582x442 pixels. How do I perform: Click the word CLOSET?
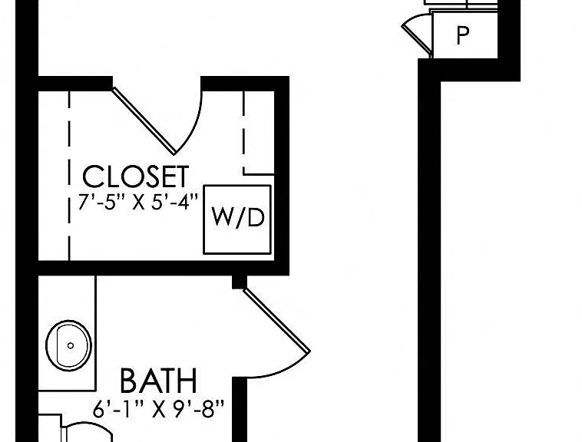pyautogui.click(x=135, y=176)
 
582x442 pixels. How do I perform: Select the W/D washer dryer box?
pyautogui.click(x=237, y=219)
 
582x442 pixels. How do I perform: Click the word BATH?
pyautogui.click(x=158, y=381)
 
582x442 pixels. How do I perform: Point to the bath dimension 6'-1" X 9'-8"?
pyautogui.click(x=158, y=409)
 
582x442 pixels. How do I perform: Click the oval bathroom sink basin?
pyautogui.click(x=68, y=345)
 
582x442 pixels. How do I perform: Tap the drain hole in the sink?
pyautogui.click(x=70, y=345)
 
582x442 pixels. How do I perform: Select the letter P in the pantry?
pyautogui.click(x=462, y=35)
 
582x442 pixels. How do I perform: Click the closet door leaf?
pyautogui.click(x=144, y=120)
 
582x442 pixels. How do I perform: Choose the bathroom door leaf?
pyautogui.click(x=276, y=321)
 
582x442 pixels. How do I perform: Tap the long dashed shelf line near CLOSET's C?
pyautogui.click(x=69, y=176)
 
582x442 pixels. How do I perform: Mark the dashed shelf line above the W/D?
pyautogui.click(x=245, y=133)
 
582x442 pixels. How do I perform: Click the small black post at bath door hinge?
pyautogui.click(x=240, y=282)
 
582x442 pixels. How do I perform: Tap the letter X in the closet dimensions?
pyautogui.click(x=138, y=203)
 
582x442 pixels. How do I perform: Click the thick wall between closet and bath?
pyautogui.click(x=164, y=268)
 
